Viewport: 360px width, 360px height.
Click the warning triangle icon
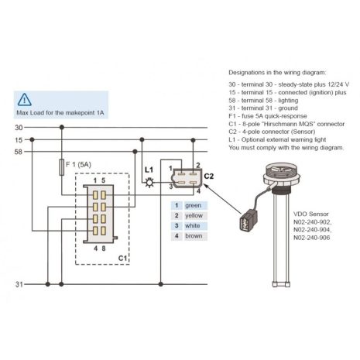26,99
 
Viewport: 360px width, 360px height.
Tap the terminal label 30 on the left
19,126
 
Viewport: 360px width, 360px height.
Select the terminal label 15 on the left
19,140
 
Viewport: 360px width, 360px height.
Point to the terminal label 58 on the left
19,152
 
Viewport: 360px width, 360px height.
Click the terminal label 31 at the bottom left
19,284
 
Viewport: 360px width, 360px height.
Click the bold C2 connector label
209,176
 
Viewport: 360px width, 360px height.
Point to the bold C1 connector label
122,257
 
